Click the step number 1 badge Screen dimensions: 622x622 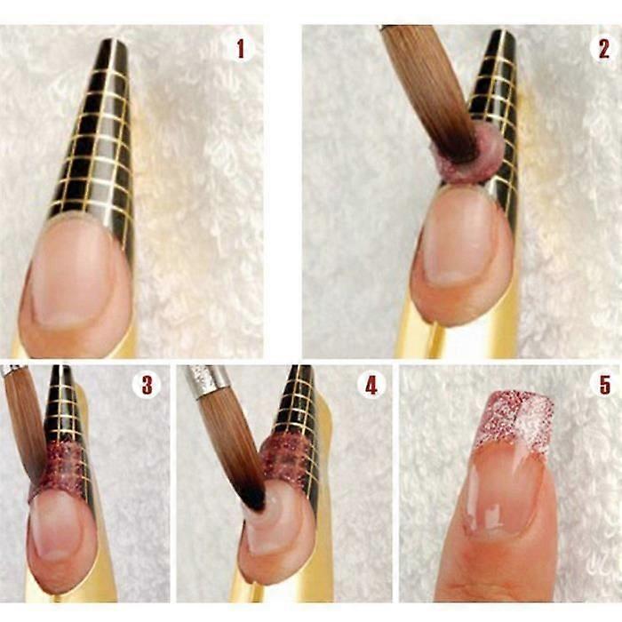pyautogui.click(x=241, y=49)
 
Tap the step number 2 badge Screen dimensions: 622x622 pyautogui.click(x=603, y=49)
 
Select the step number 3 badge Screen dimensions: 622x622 pyautogui.click(x=147, y=384)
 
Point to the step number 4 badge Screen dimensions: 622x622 pyautogui.click(x=371, y=384)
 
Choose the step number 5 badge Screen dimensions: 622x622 pyautogui.click(x=604, y=384)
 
